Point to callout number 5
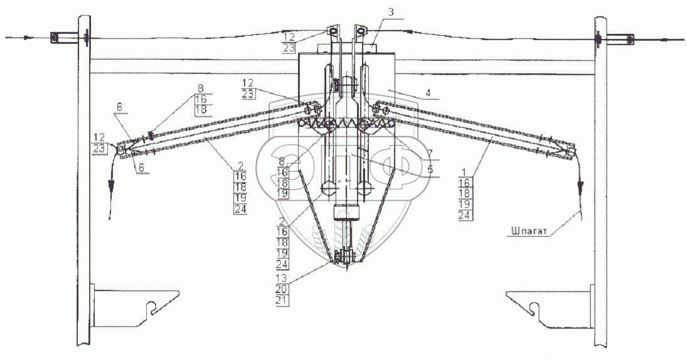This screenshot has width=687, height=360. point(430,169)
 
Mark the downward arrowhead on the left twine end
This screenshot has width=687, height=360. point(111,187)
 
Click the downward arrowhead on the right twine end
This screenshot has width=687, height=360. point(580,186)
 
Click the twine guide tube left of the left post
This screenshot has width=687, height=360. point(56,38)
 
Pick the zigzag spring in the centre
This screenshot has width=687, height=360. point(344,123)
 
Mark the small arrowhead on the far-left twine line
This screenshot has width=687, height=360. point(26,38)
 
